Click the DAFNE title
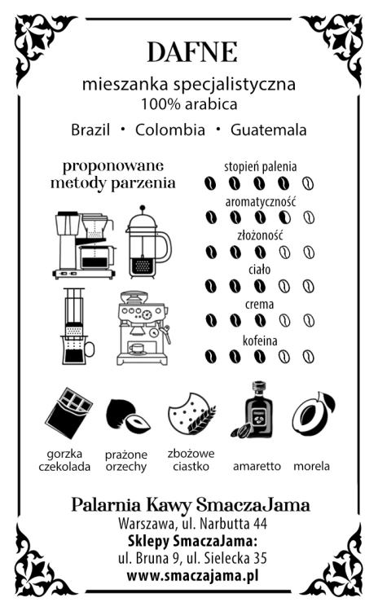192,52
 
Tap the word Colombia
170,130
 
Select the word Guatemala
269,130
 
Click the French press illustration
148,242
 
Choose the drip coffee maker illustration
85,245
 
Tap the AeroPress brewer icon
77,326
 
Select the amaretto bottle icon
253,410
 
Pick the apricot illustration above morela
314,413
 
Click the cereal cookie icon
191,413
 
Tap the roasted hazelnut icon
127,416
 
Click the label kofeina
260,341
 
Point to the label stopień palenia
260,167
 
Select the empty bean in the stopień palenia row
308,183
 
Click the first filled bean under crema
211,321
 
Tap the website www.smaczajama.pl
192,576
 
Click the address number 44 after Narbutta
260,523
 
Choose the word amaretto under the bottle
257,466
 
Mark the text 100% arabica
189,104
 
